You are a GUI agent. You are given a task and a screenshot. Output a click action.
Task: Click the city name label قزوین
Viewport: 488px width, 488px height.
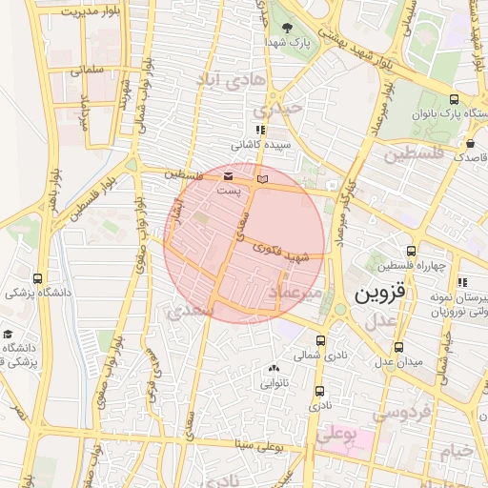(380, 295)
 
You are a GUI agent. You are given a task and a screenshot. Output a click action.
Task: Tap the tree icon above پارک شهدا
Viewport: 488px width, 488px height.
(289, 28)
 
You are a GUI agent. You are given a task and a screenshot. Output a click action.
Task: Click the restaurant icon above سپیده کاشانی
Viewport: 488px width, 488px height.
(259, 130)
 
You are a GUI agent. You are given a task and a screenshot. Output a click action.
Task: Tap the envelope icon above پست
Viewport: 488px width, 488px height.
(228, 176)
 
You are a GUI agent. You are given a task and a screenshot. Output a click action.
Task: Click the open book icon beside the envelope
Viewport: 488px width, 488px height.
(263, 178)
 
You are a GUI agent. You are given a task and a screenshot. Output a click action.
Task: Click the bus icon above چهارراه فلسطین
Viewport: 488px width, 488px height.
(412, 250)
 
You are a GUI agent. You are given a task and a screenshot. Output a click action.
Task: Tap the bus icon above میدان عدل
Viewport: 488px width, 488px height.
(397, 347)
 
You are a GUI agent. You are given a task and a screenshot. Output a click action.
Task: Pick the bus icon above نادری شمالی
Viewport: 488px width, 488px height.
(321, 340)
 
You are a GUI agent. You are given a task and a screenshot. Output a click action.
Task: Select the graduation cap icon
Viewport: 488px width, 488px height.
(9, 335)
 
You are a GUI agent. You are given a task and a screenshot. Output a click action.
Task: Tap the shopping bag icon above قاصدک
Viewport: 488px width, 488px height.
(470, 143)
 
